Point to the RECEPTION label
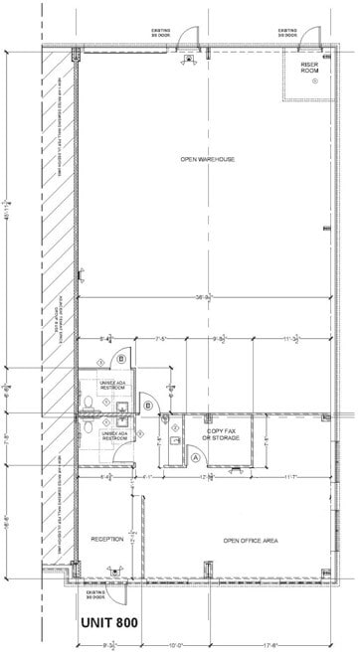[106, 539]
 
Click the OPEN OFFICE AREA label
[249, 540]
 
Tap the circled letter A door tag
[196, 456]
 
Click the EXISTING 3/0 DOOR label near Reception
[95, 594]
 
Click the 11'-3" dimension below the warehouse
[291, 340]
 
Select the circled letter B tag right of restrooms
[148, 405]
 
